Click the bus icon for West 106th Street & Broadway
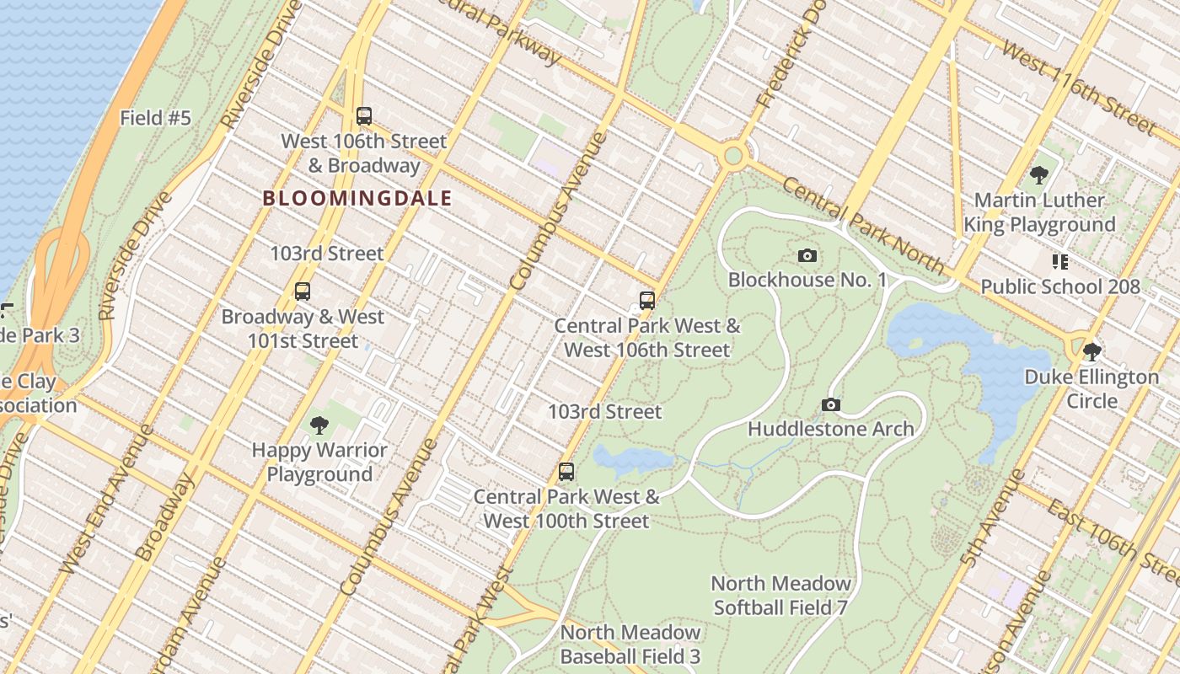coord(364,116)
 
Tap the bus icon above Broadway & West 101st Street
coord(303,292)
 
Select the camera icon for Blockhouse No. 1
coord(807,255)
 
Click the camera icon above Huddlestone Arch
coord(831,405)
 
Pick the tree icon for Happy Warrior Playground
coord(319,425)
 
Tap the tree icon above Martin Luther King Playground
coord(1039,175)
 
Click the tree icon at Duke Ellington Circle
coord(1092,351)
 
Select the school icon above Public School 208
coord(1059,262)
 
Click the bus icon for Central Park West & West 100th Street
coord(566,472)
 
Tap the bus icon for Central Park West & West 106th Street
coord(647,301)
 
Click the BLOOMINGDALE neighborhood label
coord(357,199)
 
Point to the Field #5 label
coord(155,118)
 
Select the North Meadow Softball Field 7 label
coord(780,595)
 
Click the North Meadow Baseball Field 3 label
coord(630,645)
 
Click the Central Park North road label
coord(864,225)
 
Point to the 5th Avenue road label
coord(993,517)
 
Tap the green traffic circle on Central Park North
coord(733,156)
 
